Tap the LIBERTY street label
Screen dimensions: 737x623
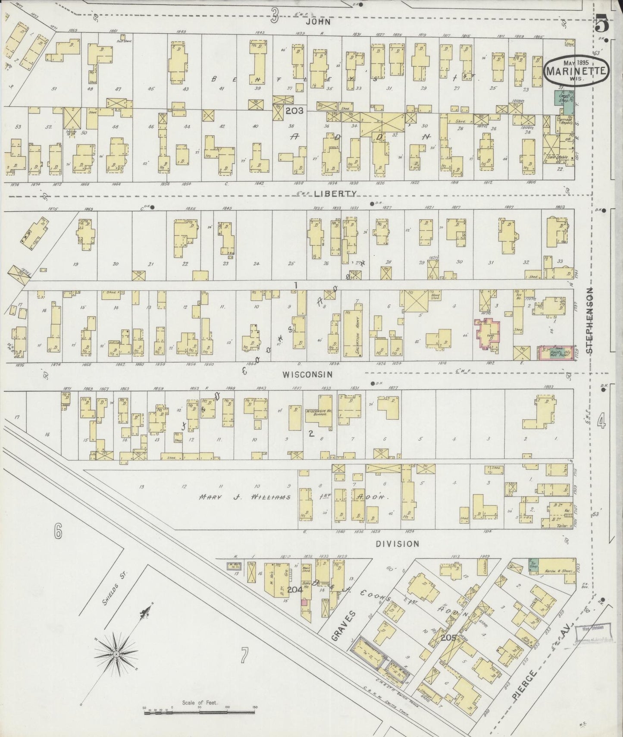(335, 194)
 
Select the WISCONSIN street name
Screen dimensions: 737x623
(307, 375)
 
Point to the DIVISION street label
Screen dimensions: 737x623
(397, 544)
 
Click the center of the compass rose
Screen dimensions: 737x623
(116, 654)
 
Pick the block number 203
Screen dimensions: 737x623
(294, 111)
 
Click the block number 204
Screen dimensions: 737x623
(294, 589)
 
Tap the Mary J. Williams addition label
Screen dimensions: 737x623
(244, 497)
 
